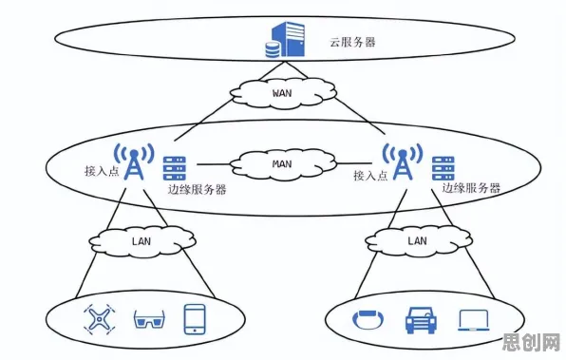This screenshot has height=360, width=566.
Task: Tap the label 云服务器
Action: pos(352,42)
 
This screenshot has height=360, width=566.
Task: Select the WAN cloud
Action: pos(283,93)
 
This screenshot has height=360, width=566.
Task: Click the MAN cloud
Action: pos(283,164)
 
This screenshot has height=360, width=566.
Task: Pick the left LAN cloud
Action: pos(141,241)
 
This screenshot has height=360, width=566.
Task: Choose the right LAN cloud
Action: pos(418,241)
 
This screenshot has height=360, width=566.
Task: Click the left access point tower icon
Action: pos(134,161)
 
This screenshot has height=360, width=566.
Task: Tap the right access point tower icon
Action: pos(403,161)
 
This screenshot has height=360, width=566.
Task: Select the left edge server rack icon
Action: pos(175,168)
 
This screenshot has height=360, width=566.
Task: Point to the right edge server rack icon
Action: pos(443,168)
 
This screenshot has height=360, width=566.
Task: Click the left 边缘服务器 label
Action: pos(198,190)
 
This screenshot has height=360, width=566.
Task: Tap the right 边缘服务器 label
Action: pos(471,188)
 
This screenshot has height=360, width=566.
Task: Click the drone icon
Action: pos(100,319)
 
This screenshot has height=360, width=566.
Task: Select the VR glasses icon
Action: pos(149,319)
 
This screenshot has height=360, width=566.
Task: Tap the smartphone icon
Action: pos(195,319)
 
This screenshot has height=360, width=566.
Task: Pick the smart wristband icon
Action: pos(368,319)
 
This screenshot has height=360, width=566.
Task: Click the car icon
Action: pos(421,320)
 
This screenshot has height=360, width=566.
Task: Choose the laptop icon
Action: pos(474,320)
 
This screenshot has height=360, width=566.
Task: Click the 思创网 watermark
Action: pos(531,342)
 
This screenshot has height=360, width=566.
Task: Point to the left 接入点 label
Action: pos(102,170)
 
